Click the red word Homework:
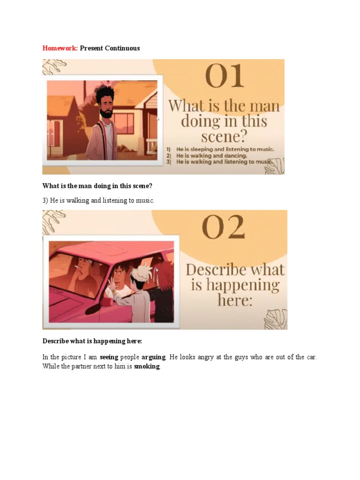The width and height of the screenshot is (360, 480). point(60,48)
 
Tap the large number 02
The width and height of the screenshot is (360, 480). point(224,228)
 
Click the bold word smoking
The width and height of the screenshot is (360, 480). point(147,366)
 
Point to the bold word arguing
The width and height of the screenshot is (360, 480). point(153,357)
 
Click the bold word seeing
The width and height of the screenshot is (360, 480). point(109,357)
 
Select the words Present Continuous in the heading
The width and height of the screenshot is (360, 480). point(110,48)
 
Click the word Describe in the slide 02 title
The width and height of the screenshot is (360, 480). point(216,270)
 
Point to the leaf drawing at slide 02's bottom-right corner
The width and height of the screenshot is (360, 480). point(275,319)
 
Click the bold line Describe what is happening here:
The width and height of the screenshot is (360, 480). point(92,341)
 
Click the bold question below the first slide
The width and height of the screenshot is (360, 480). point(97,186)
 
